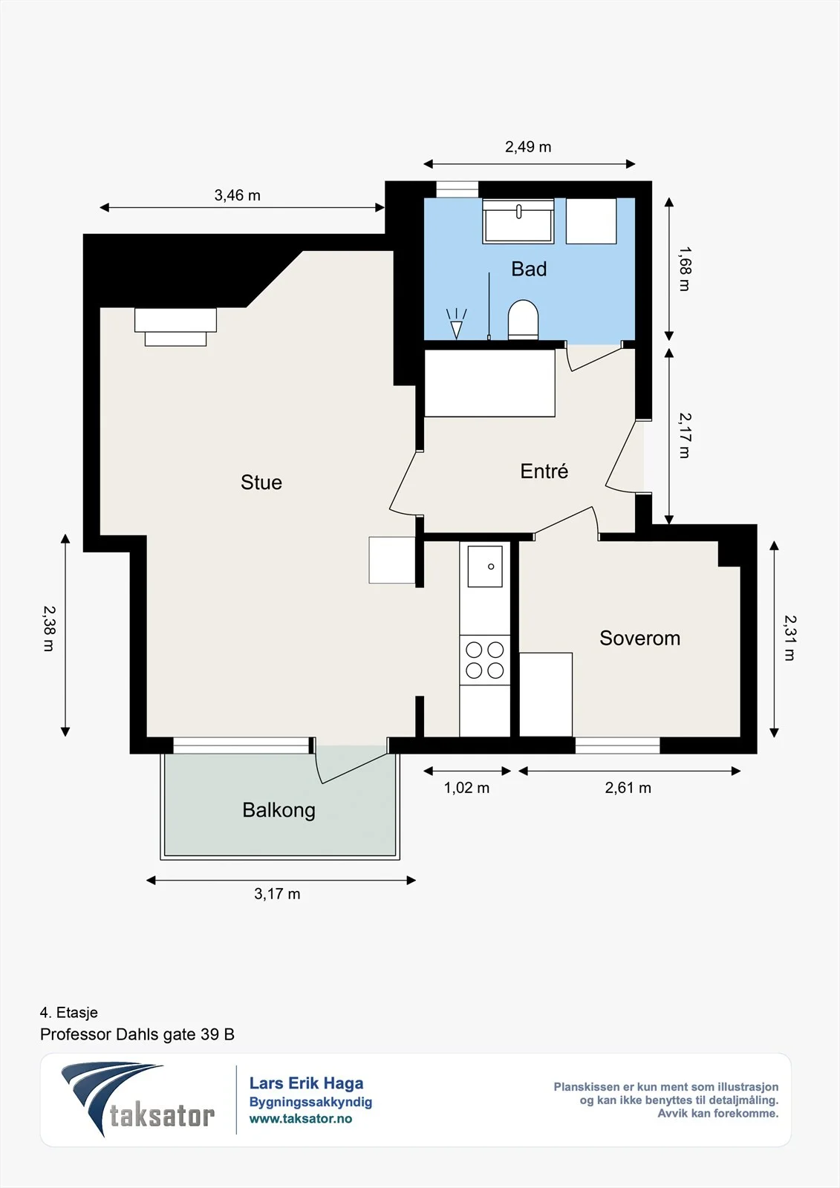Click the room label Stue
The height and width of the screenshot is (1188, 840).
261,482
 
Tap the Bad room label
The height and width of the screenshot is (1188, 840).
529,269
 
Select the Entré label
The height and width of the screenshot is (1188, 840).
544,471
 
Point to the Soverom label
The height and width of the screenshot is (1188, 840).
640,638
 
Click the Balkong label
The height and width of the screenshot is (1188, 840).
279,810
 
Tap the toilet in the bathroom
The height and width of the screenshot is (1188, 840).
523,320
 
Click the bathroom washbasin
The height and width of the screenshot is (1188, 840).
518,221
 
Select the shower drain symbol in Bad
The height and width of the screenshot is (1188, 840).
456,323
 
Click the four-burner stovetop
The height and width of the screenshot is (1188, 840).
484,660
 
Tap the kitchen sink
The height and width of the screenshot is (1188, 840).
485,567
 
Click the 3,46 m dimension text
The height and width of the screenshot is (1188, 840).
237,195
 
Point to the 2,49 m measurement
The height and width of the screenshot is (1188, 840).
528,146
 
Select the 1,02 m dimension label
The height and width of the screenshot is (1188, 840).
466,788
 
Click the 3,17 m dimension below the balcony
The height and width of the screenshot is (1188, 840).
277,894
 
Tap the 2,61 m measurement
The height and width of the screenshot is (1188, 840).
628,788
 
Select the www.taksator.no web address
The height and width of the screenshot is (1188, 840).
301,1118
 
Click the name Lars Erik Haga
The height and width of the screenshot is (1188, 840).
306,1083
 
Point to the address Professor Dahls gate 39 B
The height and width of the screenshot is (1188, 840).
137,1034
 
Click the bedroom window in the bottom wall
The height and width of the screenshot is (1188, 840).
618,745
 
